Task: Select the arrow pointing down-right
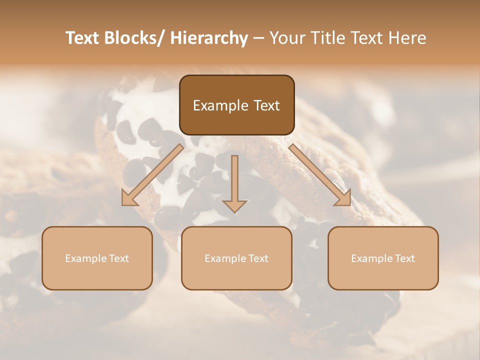(320, 175)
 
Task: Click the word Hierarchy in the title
(209, 38)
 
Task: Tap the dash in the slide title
(258, 38)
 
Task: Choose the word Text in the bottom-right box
(404, 258)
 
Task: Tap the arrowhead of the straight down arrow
(234, 205)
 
